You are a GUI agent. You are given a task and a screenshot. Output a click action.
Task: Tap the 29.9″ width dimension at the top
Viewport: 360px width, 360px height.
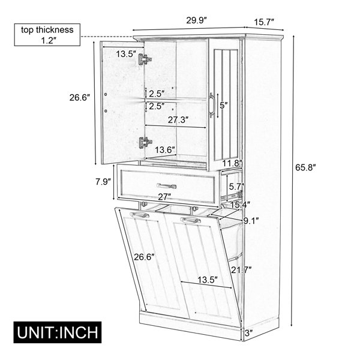[x=197, y=20]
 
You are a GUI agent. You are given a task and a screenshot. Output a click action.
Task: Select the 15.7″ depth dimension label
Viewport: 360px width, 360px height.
[x=264, y=22]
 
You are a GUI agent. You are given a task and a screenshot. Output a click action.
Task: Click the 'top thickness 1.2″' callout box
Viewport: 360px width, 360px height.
[x=47, y=35]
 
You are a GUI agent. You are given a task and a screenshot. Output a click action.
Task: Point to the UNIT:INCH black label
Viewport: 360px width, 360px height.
[x=58, y=332]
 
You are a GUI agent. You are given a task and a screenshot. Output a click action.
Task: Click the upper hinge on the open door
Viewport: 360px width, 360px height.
[x=145, y=59]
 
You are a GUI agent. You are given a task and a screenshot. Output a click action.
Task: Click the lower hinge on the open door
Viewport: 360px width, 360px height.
[x=145, y=143]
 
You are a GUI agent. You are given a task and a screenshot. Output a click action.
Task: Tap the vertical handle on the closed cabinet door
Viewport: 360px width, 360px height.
[x=212, y=106]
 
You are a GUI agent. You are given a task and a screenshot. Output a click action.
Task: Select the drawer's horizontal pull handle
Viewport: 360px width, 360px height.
[x=166, y=186]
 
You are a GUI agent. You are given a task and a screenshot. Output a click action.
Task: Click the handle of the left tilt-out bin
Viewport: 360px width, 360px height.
[x=139, y=215]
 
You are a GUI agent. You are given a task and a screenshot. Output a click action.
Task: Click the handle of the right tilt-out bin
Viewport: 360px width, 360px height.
[x=190, y=220]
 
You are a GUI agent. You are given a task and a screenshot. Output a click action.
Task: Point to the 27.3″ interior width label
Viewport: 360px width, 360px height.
[x=178, y=119]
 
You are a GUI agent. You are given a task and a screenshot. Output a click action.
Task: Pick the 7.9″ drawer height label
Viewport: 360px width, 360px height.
[x=103, y=182]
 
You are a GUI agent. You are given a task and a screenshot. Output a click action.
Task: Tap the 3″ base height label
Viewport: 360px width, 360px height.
[x=249, y=332]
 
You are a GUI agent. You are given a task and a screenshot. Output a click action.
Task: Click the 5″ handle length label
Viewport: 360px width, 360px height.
[x=224, y=105]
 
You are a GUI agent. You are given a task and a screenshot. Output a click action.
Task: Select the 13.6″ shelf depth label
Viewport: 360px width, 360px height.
[x=165, y=150]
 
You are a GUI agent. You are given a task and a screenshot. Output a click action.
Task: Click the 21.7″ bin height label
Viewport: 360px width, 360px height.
[x=241, y=270]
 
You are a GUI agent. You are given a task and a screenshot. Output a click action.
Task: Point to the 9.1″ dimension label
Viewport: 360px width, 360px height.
[x=251, y=221]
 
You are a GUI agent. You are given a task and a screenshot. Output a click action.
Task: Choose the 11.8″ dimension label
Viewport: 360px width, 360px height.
[x=232, y=163]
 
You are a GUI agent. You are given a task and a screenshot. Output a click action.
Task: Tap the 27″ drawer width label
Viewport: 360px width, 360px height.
[x=164, y=197]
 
